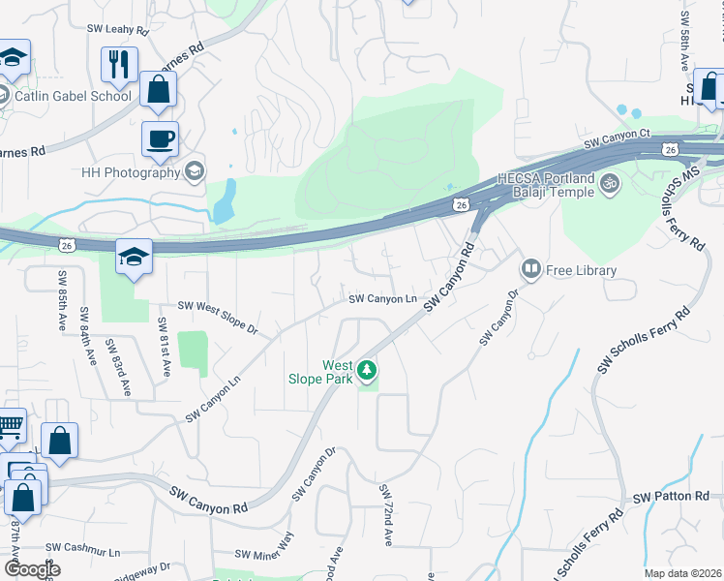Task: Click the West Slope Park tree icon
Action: [x=366, y=369]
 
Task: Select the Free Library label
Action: [x=582, y=270]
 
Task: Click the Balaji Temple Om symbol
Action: [x=610, y=181]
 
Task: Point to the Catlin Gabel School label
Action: [x=73, y=96]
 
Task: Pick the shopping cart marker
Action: [x=9, y=425]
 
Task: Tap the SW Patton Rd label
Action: [x=672, y=497]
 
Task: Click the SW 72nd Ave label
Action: [x=386, y=515]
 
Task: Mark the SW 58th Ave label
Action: [x=684, y=42]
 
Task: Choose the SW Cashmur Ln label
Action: [x=88, y=552]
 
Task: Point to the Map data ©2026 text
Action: [x=681, y=573]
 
